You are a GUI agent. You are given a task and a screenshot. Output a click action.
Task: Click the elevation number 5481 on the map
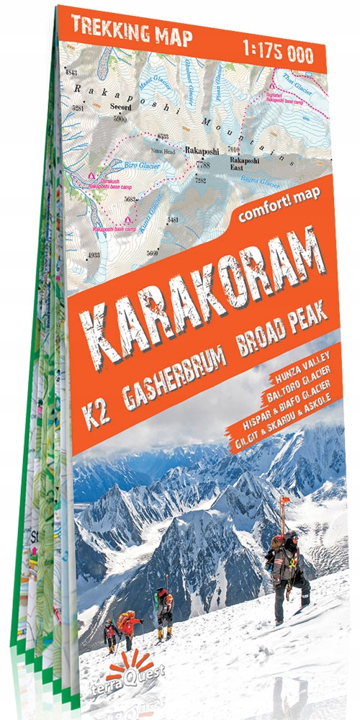173,219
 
